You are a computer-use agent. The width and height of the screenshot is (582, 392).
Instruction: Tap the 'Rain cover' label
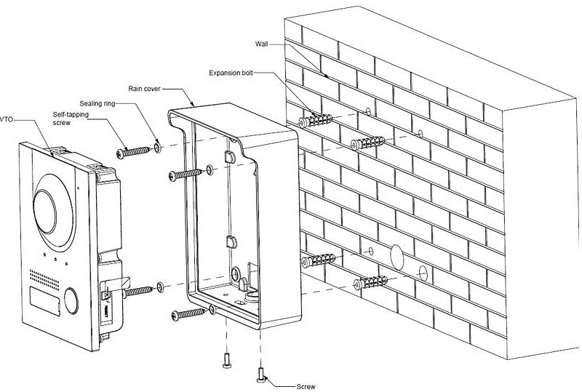145,89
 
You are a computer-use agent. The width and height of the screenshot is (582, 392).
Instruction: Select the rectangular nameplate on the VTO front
42,299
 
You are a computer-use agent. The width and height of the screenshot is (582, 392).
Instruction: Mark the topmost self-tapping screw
132,151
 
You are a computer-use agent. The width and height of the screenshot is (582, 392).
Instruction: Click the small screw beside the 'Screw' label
261,374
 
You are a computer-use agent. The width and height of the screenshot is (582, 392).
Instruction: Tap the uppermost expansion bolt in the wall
314,118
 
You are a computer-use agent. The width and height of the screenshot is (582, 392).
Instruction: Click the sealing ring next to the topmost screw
156,148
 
